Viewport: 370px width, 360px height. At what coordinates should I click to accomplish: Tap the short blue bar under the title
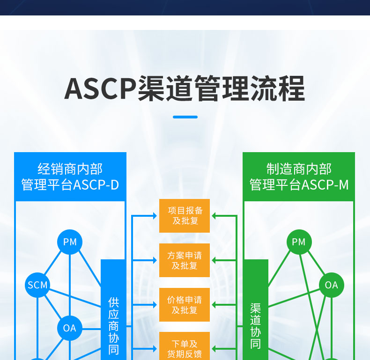[185, 117]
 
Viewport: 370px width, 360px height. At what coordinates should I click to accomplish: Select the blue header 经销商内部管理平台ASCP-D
[70, 176]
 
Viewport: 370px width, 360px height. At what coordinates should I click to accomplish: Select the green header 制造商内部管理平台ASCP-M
[299, 176]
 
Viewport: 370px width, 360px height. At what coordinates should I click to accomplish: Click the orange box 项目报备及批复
[185, 216]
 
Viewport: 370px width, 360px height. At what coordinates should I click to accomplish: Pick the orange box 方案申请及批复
[185, 260]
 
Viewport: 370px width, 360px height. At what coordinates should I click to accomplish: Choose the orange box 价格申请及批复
[185, 305]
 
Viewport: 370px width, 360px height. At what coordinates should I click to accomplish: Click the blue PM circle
[70, 242]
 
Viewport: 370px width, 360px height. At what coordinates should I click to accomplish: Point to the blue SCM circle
[37, 285]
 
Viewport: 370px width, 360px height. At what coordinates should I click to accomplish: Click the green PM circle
[299, 242]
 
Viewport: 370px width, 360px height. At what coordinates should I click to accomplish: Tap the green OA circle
[331, 285]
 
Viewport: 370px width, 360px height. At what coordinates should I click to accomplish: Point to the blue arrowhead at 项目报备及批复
[155, 216]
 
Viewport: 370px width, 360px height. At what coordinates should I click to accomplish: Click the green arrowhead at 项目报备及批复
[214, 216]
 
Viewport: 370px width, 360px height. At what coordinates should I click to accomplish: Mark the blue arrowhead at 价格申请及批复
[155, 305]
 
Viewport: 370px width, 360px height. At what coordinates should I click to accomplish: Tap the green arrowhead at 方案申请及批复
[214, 260]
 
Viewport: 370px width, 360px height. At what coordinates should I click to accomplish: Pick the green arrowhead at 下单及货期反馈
[214, 349]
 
